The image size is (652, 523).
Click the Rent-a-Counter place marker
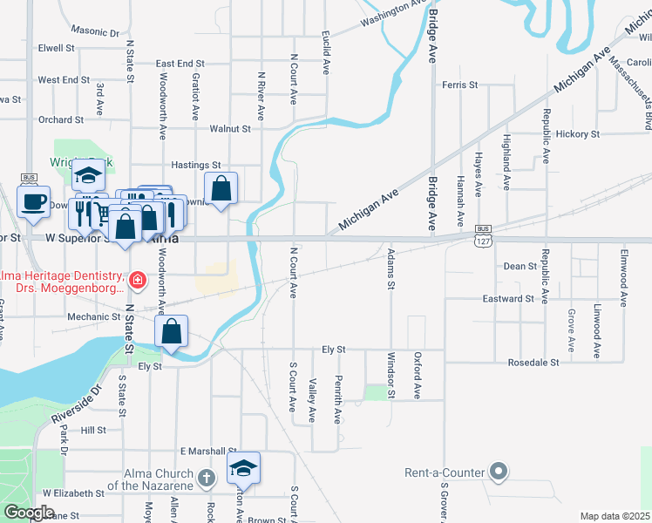[x=498, y=472]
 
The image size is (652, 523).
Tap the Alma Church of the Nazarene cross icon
[x=207, y=478]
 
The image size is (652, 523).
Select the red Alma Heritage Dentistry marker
[x=137, y=281]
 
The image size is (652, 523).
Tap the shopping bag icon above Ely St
[x=172, y=332]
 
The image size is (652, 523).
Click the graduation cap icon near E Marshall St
[x=244, y=468]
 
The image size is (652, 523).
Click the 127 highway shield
[x=484, y=238]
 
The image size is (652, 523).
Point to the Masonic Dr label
[x=96, y=31]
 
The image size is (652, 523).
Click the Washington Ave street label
[x=396, y=14]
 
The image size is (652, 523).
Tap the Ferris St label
[x=459, y=85]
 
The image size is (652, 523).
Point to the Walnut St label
[x=230, y=128]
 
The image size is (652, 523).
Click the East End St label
[x=180, y=64]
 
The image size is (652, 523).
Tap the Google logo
[x=29, y=513]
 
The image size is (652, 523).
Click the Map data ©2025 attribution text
[x=615, y=516]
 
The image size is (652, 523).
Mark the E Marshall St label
[x=208, y=451]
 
